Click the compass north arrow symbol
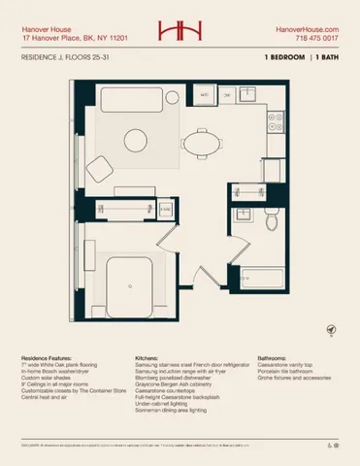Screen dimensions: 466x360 pyautogui.click(x=332, y=330)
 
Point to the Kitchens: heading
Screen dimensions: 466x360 pyautogui.click(x=147, y=356)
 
